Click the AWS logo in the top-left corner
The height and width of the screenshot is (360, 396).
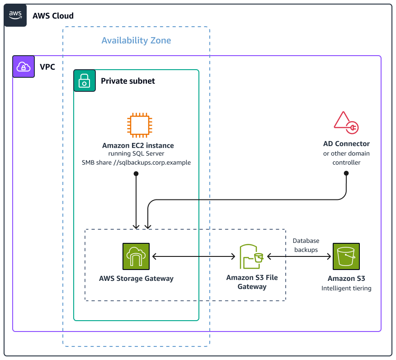click(15, 15)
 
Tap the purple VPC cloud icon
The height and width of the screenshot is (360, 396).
click(24, 67)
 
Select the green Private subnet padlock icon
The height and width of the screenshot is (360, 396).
click(85, 81)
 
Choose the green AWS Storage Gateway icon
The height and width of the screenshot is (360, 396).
click(136, 256)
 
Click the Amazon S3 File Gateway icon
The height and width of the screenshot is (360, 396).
click(252, 256)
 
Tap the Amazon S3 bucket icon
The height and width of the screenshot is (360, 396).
click(346, 256)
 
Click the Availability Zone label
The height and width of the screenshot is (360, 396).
click(136, 40)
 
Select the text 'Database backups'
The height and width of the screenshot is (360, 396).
click(306, 245)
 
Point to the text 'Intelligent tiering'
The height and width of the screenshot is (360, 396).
click(346, 288)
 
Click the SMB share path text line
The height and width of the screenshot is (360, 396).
click(136, 162)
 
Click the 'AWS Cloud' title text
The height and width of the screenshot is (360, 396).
click(53, 16)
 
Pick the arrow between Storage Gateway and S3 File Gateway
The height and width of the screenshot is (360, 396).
click(194, 256)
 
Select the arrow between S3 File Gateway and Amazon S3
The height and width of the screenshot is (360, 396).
click(299, 256)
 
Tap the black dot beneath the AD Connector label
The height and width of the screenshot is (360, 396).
click(346, 173)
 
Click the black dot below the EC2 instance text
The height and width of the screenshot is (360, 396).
click(136, 173)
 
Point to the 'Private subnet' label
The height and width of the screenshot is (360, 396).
click(128, 81)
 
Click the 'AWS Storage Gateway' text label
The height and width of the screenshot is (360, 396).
click(136, 279)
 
